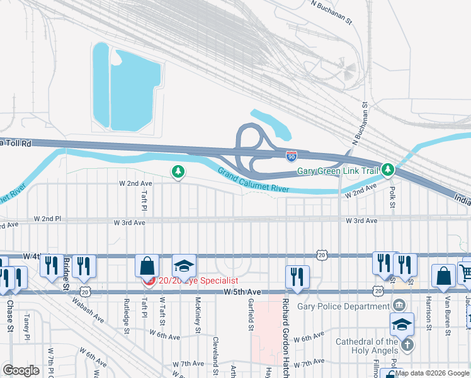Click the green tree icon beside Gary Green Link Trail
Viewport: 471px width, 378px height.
[389, 170]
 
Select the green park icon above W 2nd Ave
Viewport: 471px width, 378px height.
[178, 171]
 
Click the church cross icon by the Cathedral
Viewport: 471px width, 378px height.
[407, 345]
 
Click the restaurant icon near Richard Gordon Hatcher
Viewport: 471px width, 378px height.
[297, 277]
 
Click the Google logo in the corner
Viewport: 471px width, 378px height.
[21, 370]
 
